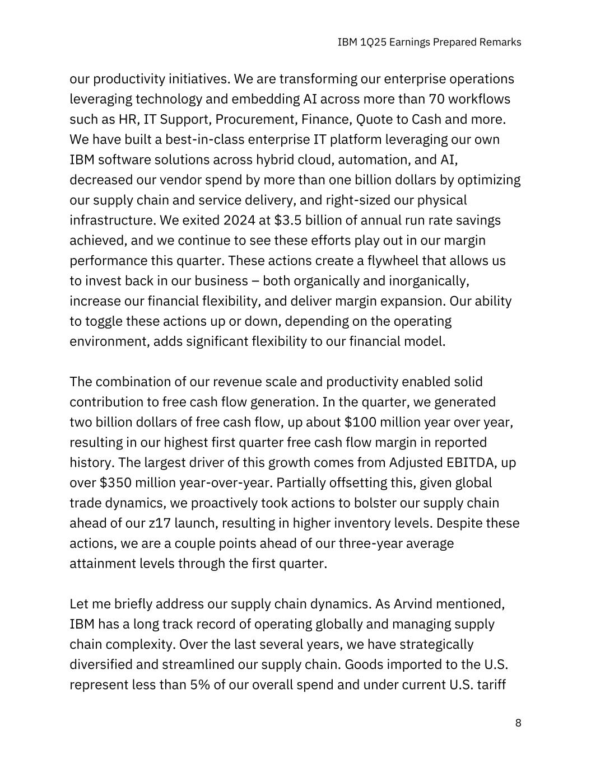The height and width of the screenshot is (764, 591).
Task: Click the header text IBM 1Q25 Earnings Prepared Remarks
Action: click(x=430, y=42)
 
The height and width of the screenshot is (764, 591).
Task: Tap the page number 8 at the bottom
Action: click(x=518, y=723)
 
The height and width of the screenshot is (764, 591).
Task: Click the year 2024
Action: click(x=239, y=221)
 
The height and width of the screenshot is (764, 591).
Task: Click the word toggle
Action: click(x=104, y=321)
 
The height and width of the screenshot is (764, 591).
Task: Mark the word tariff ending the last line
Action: click(x=491, y=685)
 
